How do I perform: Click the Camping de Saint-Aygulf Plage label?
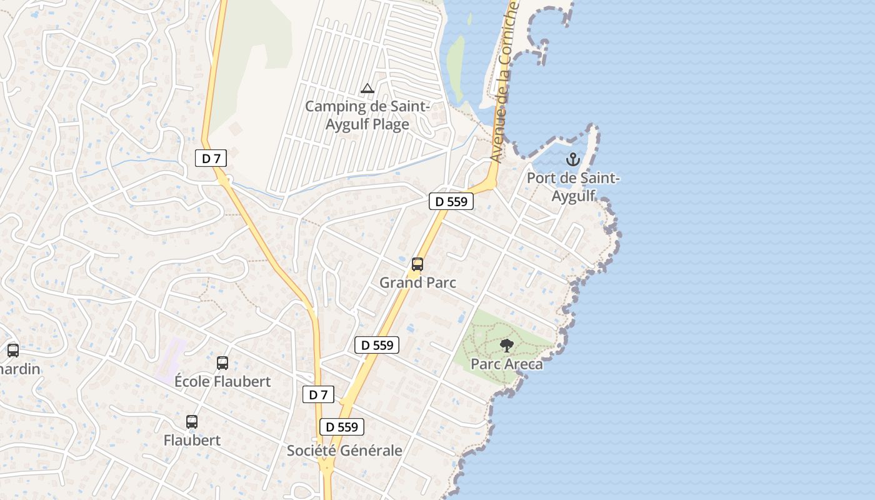pos(367,115)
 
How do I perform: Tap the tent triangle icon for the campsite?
pos(367,89)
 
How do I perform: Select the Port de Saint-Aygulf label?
pos(573,187)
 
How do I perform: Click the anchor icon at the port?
pos(572,159)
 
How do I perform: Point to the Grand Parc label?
pos(417,282)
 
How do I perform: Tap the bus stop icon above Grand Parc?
pos(417,264)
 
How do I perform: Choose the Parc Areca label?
pos(506,364)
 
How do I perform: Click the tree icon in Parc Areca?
pos(507,345)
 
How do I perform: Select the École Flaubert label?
pos(222,381)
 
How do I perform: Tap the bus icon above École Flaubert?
pos(222,362)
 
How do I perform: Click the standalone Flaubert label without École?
pos(192,440)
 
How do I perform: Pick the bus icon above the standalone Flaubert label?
pos(192,422)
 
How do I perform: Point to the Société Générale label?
pos(344,450)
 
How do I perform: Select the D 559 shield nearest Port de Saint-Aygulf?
pos(451,201)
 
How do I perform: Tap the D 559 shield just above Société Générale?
pos(342,427)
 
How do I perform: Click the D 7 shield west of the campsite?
pos(211,158)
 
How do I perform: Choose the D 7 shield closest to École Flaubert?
pos(318,394)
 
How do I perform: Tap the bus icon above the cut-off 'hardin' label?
pos(13,351)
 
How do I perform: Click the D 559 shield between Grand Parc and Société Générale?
pos(377,344)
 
